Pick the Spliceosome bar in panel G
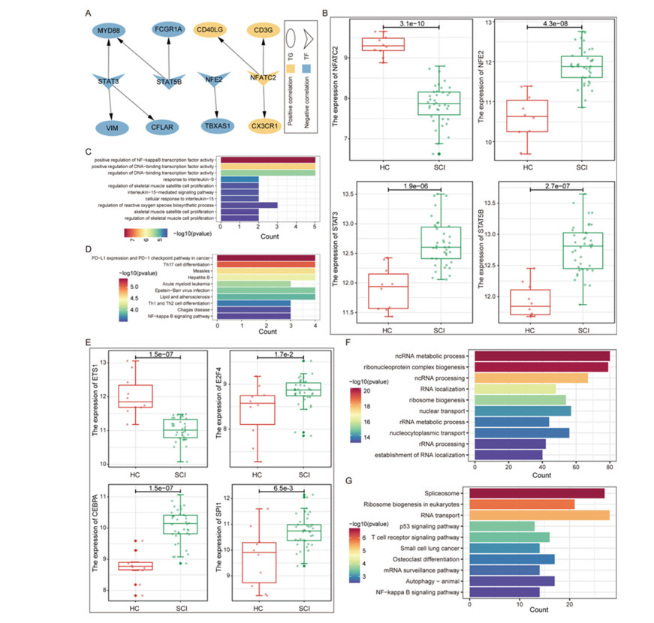(x=536, y=492)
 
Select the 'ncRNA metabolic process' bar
(x=541, y=355)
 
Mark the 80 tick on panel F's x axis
(x=610, y=466)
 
